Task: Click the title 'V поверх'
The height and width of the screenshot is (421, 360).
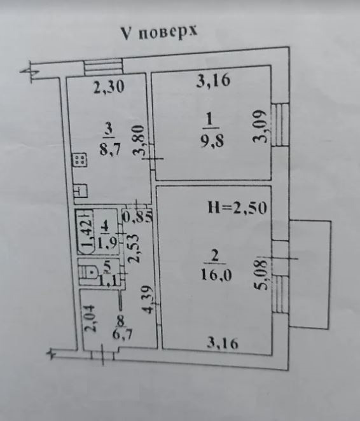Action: coord(159,32)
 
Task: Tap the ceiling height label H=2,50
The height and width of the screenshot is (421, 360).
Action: coord(237,207)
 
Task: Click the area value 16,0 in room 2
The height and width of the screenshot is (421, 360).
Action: coord(216,274)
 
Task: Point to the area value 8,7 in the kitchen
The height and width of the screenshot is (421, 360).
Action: coord(110,149)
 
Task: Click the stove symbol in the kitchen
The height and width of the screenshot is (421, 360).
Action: coord(80,160)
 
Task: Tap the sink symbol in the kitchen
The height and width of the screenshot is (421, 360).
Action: coord(81,191)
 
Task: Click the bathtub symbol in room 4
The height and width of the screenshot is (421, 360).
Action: coord(85,232)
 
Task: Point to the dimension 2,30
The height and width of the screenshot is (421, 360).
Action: coord(109,87)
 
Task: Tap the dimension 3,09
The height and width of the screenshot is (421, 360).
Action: coord(260,126)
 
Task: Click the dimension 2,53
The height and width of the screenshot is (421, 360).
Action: coord(134,249)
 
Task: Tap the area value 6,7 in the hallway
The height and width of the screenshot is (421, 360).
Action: coord(122,335)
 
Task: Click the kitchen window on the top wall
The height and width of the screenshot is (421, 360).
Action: coord(103,67)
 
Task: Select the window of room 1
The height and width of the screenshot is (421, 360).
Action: coord(280,125)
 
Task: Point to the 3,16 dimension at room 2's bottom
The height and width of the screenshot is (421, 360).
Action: coord(223,343)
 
